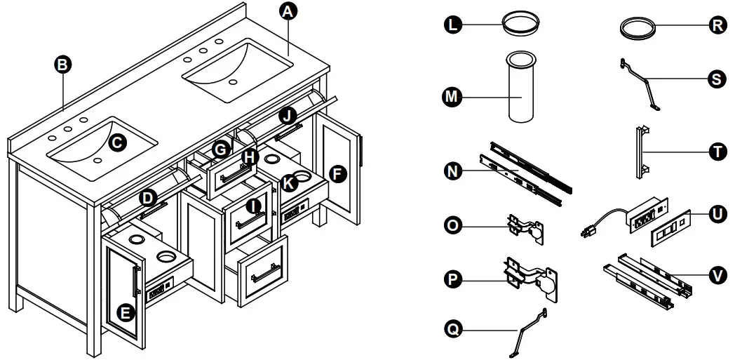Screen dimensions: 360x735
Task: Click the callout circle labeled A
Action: (287, 11)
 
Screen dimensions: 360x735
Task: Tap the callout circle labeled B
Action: (63, 65)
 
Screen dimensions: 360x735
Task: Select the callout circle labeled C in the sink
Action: (117, 142)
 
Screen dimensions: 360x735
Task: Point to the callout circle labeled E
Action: (125, 313)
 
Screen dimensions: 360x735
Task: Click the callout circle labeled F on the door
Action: (338, 175)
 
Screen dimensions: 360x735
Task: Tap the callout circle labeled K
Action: (288, 182)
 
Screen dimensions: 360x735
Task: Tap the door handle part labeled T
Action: (641, 152)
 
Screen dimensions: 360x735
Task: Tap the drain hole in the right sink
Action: (234, 81)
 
